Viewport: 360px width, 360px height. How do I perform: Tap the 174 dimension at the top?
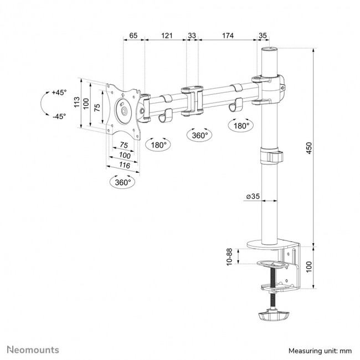(227, 35)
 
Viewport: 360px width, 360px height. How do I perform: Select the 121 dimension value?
(166, 35)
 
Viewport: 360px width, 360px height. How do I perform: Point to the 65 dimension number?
(133, 35)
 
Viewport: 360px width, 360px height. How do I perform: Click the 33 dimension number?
(192, 35)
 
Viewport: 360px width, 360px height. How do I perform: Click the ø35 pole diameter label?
(252, 197)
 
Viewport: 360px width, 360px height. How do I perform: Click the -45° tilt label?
(59, 116)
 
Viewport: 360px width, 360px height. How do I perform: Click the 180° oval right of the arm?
(240, 126)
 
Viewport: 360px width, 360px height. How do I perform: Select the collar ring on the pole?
(270, 155)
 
